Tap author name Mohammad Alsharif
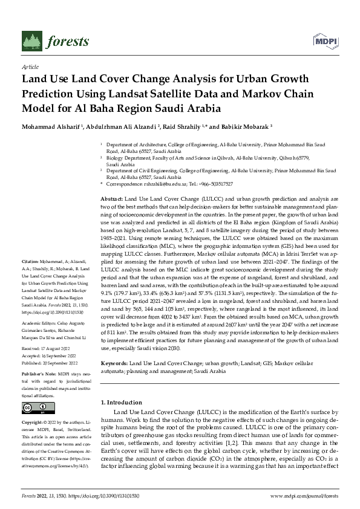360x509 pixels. (x=47, y=128)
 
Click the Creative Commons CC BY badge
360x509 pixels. (x=38, y=409)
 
